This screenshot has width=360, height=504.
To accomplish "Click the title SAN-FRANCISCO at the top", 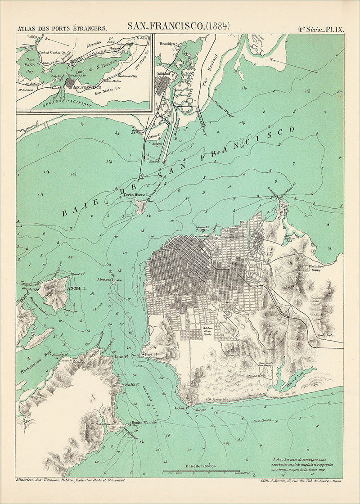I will click(165, 27).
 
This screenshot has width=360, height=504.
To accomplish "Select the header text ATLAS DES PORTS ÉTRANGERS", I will click(62, 28).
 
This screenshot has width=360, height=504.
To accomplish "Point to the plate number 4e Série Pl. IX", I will click(320, 28).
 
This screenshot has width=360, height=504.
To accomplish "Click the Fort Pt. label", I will click(150, 354).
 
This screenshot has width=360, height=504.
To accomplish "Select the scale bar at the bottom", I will click(201, 471).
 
